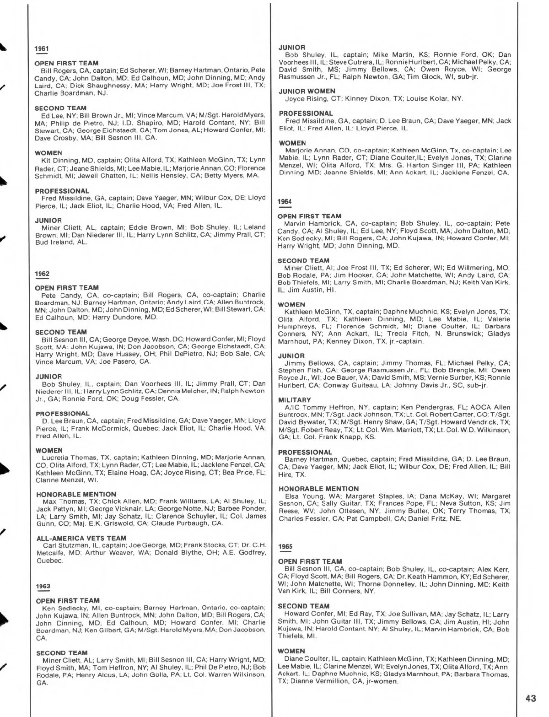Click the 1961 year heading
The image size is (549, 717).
(42, 49)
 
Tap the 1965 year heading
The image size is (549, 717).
(285, 546)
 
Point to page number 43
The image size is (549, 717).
(531, 698)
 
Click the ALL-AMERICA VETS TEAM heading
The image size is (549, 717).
(81, 538)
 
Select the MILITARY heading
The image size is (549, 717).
(294, 400)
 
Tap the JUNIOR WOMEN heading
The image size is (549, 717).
(307, 91)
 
